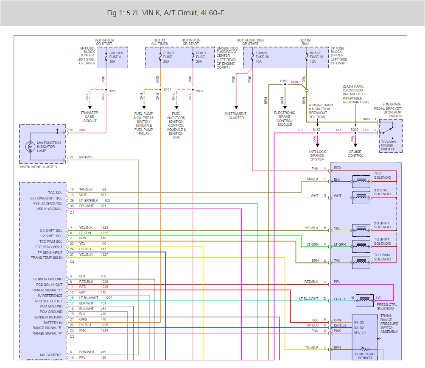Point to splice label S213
pos(112,91)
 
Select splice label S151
pos(284,80)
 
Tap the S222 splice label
pos(354,130)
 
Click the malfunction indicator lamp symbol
pos(29,147)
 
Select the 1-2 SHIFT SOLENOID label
pos(382,241)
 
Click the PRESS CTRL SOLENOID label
pos(388,307)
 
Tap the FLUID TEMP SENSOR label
pos(365,356)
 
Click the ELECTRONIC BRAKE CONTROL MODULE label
pos(285,119)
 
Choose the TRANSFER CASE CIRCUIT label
pos(89,116)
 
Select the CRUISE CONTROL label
pos(355,153)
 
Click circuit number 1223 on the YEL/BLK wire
pos(104,227)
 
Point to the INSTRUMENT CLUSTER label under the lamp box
pos(38,167)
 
